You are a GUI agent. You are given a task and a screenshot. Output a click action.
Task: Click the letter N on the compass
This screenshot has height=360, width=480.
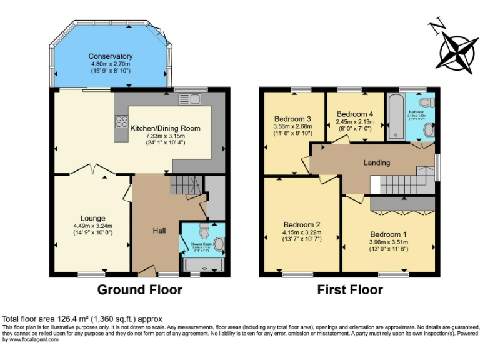click(x=437, y=26)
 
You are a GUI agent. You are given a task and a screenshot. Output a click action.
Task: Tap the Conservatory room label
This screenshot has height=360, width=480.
click(x=111, y=56)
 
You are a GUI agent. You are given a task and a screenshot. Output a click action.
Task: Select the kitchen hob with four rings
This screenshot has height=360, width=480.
click(x=121, y=124)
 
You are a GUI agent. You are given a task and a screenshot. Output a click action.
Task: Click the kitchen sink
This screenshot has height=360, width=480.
click(x=187, y=99)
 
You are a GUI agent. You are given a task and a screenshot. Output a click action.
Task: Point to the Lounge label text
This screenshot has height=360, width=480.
click(x=92, y=218)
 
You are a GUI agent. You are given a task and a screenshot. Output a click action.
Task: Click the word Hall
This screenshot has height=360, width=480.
click(x=159, y=231)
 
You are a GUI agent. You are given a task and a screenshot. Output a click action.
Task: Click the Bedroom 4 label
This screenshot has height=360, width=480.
click(x=354, y=114)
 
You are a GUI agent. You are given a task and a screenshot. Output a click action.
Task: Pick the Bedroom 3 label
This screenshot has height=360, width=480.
click(x=292, y=119)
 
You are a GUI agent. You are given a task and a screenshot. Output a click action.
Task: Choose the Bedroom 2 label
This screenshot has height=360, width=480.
click(x=302, y=225)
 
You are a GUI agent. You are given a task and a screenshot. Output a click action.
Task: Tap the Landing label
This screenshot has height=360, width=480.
click(x=377, y=162)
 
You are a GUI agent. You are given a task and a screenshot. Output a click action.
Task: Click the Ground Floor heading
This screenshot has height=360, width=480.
click(x=140, y=290)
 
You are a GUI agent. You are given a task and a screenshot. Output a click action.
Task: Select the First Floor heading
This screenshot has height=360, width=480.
click(x=350, y=290)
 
